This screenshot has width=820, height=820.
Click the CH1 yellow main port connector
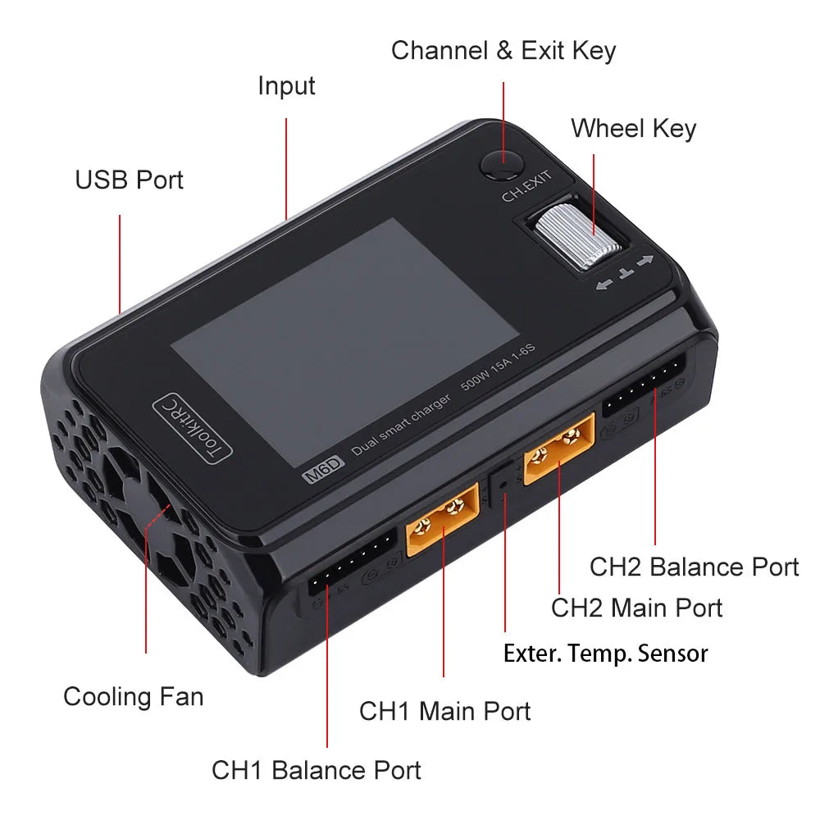442,520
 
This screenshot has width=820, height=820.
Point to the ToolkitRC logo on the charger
194,426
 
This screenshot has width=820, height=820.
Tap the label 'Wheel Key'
633,129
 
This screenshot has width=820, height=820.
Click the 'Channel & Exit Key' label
503,51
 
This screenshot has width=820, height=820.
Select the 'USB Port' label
130,180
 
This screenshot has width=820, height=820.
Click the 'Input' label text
286,85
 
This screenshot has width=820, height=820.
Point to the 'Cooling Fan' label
133,697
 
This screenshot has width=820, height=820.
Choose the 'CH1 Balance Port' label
317,770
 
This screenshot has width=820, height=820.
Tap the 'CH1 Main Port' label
444,711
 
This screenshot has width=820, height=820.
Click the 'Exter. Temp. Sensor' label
605,654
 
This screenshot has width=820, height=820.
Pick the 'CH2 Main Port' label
636,608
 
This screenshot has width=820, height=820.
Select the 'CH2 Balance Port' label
694,567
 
